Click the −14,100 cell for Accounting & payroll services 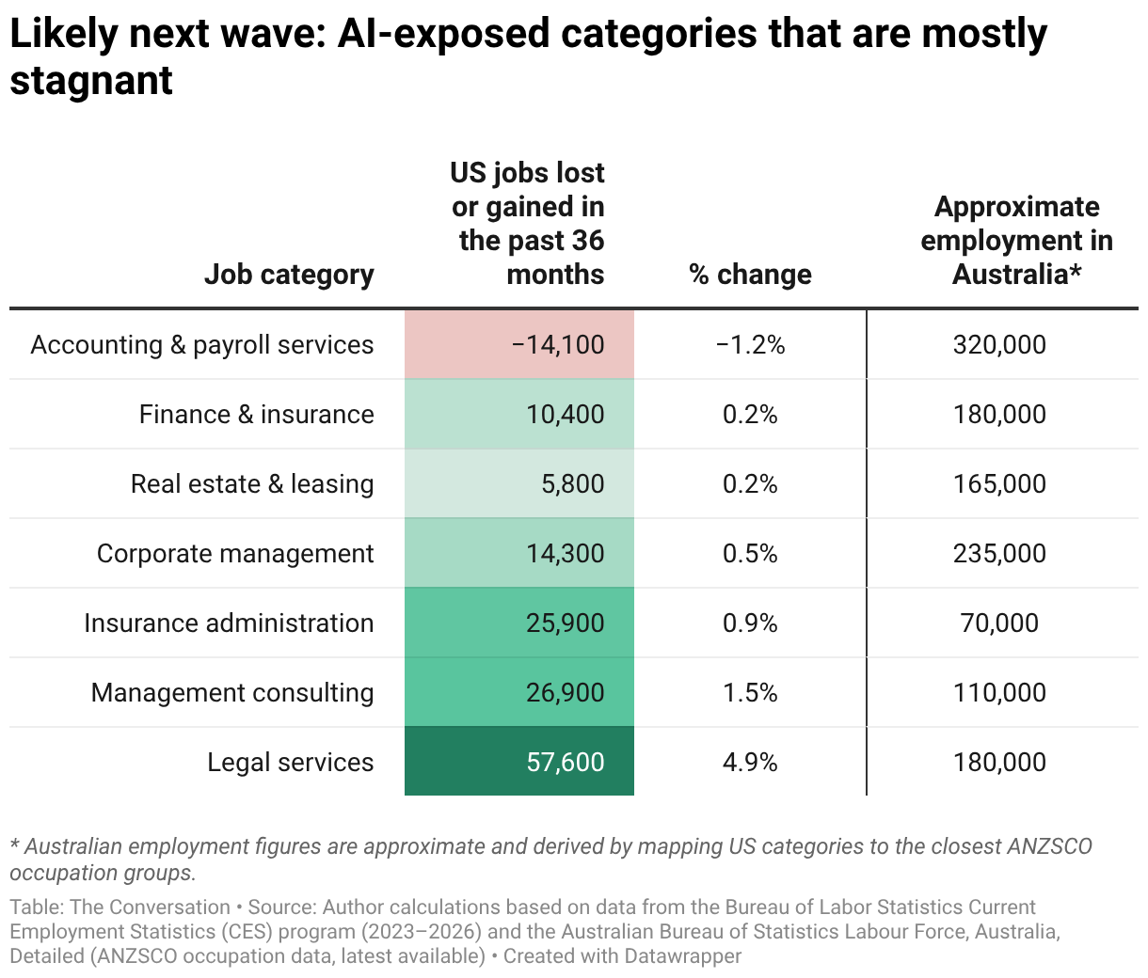coord(558,345)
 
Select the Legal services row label coord(290,763)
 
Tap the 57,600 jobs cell coord(565,763)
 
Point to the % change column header coord(750,275)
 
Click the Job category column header coord(289,275)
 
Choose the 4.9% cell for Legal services coord(750,763)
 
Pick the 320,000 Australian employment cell coord(999,345)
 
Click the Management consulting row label coord(232,693)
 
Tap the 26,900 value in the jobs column coord(565,693)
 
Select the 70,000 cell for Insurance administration coord(999,623)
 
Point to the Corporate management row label coord(235,554)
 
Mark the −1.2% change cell coord(750,345)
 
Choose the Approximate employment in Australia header coord(1016,241)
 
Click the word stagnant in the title coord(91,81)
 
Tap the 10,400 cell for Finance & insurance coord(565,415)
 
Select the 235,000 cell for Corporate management coord(999,554)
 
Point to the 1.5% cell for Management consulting coord(750,693)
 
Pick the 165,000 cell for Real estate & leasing coord(999,484)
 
